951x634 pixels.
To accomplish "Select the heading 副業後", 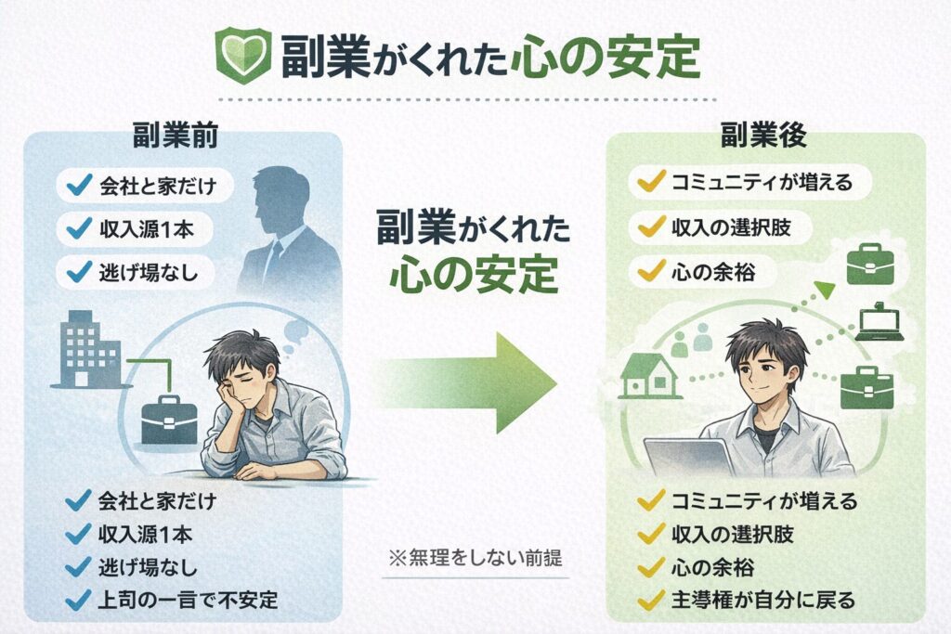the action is (763, 137).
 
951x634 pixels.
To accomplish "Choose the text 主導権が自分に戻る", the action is (762, 597).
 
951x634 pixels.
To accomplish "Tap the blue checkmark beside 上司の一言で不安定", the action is (76, 597).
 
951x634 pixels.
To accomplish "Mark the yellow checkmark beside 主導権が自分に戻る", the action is (647, 597).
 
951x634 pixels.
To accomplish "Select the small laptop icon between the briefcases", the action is (879, 322).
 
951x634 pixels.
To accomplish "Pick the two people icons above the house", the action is (691, 343).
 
